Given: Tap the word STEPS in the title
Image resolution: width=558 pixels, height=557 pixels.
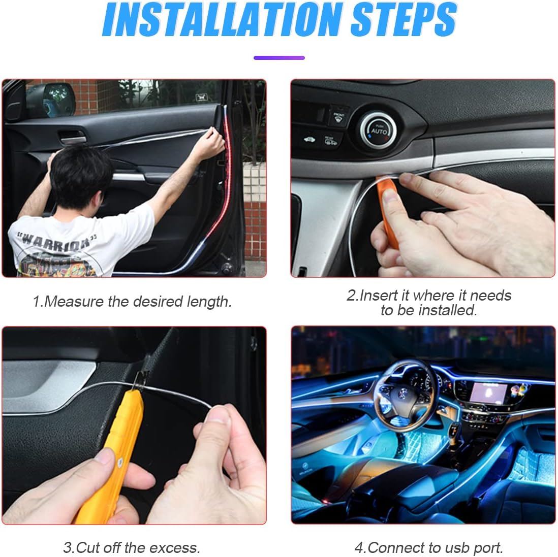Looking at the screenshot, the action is tap(403, 20).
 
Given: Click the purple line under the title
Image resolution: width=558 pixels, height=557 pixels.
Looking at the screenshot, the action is tap(279, 57).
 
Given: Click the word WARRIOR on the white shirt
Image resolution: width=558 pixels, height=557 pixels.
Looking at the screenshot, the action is tap(56, 242).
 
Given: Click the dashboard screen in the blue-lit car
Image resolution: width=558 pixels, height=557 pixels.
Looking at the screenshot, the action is tap(488, 393).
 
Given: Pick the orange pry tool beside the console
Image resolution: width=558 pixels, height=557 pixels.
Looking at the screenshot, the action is tap(388, 209).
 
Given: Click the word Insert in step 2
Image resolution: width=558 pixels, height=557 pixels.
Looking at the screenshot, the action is tap(379, 296).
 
